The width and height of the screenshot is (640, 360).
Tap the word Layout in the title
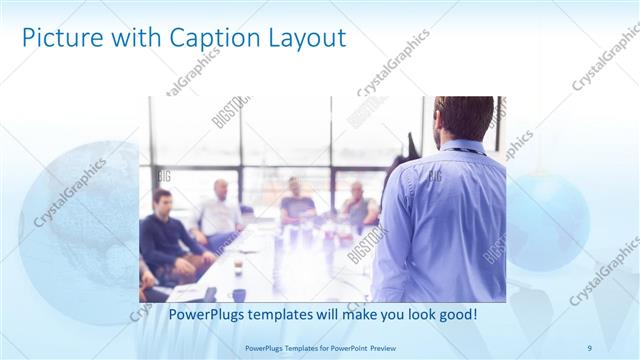click(303, 39)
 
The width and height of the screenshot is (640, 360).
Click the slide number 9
click(590, 347)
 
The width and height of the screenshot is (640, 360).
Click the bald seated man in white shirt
click(220, 210)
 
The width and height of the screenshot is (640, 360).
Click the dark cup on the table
click(239, 294)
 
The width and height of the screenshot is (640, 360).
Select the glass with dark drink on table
click(237, 268)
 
